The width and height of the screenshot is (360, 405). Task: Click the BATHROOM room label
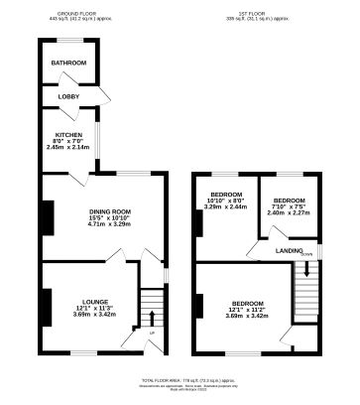point(69,64)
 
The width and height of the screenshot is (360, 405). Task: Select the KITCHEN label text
point(68,134)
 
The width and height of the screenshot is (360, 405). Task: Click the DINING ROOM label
point(109,210)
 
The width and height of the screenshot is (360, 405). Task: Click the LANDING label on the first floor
point(290,251)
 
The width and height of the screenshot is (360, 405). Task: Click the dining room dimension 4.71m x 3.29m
point(109,224)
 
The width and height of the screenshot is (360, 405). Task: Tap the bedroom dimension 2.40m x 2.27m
point(290,212)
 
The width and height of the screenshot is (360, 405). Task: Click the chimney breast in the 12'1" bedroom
point(200,309)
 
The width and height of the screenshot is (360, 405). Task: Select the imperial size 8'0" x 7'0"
point(68,141)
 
